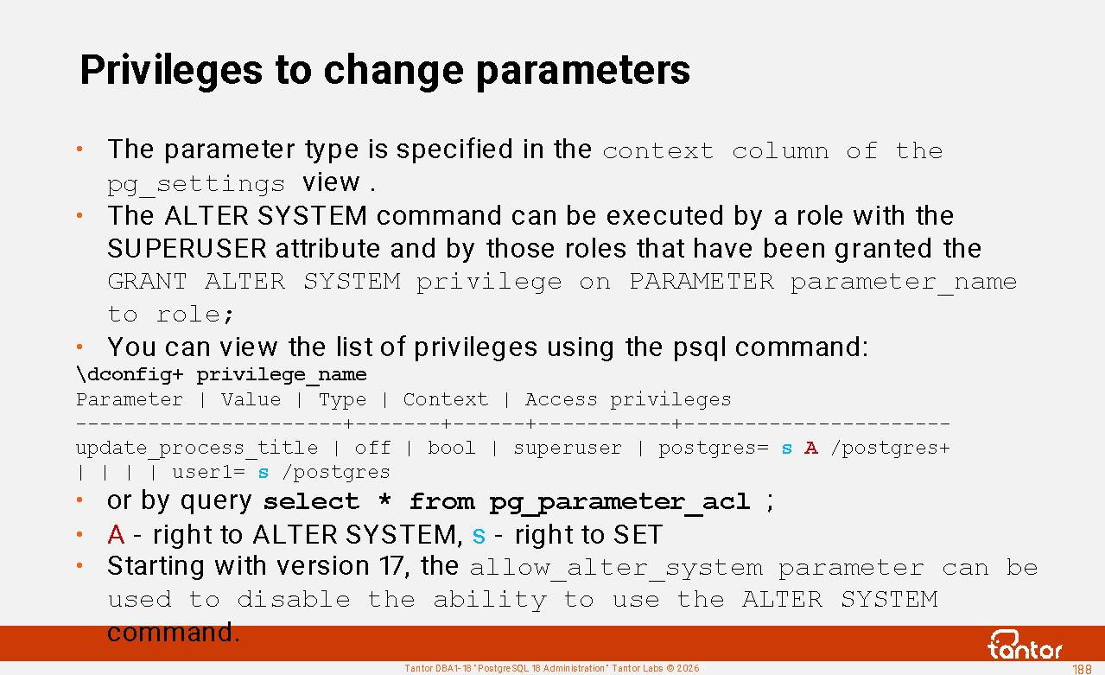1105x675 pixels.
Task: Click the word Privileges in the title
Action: click(x=171, y=71)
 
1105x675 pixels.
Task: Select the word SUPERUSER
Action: click(x=187, y=248)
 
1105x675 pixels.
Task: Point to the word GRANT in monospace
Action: click(x=147, y=282)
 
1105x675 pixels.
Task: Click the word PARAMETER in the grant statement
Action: click(x=702, y=282)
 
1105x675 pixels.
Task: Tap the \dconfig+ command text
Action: click(x=130, y=374)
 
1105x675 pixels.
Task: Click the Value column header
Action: click(x=251, y=399)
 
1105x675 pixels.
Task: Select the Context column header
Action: click(x=446, y=399)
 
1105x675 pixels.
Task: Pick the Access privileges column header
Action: click(x=628, y=400)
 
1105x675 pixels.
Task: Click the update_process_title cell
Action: click(x=197, y=449)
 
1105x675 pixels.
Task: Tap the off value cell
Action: click(x=372, y=448)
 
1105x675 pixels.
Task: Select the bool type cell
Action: click(x=451, y=448)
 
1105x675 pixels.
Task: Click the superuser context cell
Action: click(x=568, y=449)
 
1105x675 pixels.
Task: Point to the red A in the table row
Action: click(x=811, y=448)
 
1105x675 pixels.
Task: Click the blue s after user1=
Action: click(x=264, y=473)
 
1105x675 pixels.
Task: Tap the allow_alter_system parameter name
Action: click(x=616, y=569)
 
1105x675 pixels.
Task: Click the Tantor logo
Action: click(x=1025, y=645)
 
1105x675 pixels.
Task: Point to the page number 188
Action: click(x=1082, y=669)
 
